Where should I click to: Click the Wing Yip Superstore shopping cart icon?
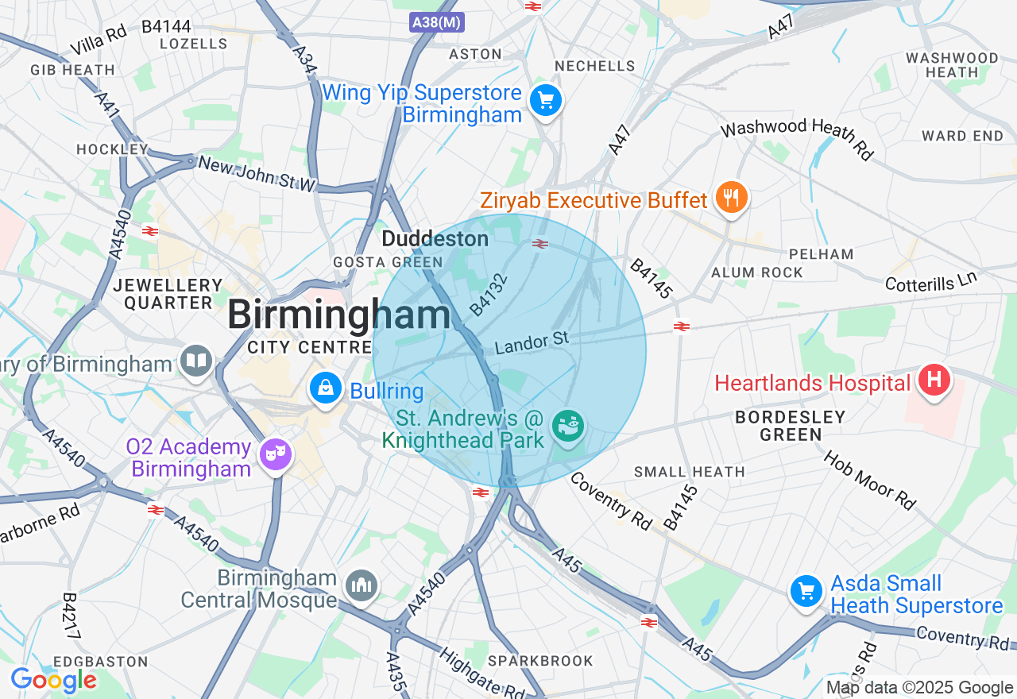click(x=545, y=101)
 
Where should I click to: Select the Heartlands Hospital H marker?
click(x=934, y=380)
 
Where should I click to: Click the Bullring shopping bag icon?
click(x=325, y=388)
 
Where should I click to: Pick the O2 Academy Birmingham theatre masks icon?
click(x=276, y=453)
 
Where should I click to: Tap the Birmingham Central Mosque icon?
click(x=363, y=586)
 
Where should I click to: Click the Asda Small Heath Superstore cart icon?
click(x=806, y=592)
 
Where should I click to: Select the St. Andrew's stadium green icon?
click(x=568, y=427)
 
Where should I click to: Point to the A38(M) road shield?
click(x=437, y=22)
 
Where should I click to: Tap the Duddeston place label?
click(x=435, y=238)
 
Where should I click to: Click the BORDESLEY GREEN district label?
click(x=790, y=425)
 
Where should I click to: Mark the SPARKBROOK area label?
click(x=540, y=661)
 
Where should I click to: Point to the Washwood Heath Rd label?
click(x=798, y=137)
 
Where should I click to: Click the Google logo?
click(x=53, y=680)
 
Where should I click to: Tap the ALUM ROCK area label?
click(x=757, y=272)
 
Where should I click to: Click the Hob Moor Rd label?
click(x=869, y=481)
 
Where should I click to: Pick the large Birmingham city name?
click(x=339, y=315)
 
